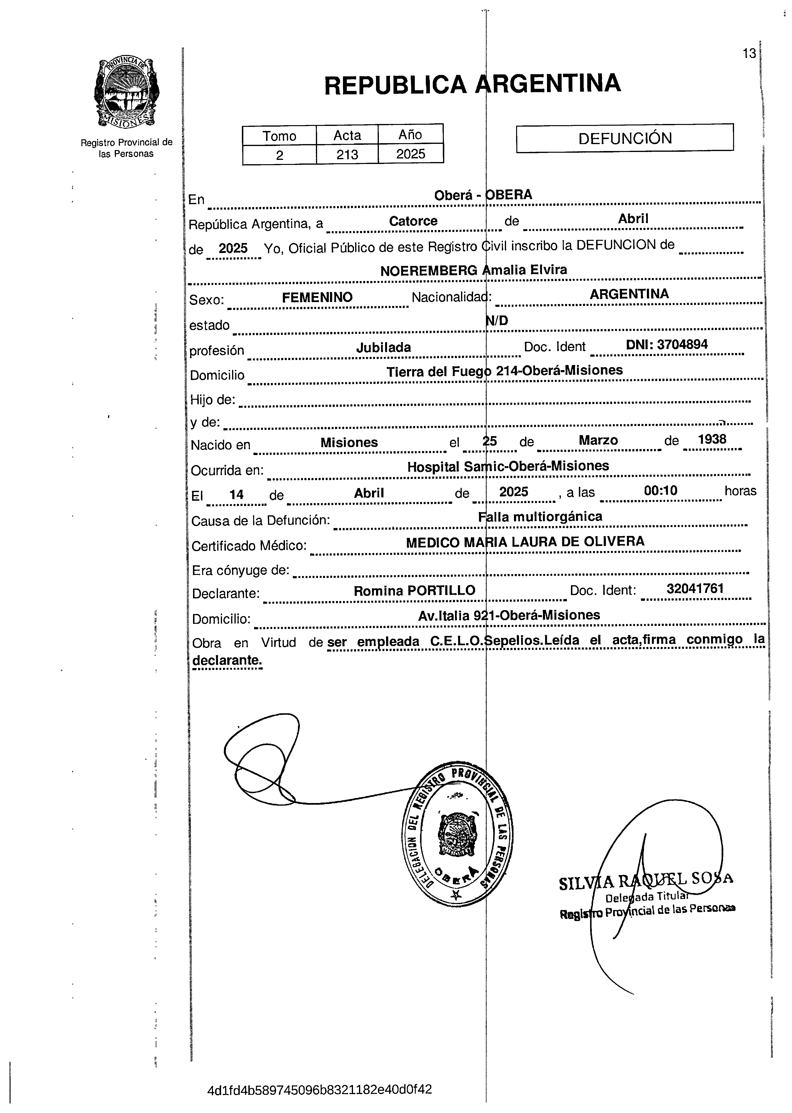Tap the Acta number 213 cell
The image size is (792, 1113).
(x=347, y=154)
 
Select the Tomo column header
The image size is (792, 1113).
(x=279, y=135)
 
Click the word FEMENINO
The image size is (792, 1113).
(x=317, y=297)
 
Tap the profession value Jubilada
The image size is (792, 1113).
(x=383, y=348)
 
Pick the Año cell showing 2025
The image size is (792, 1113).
(x=411, y=154)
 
